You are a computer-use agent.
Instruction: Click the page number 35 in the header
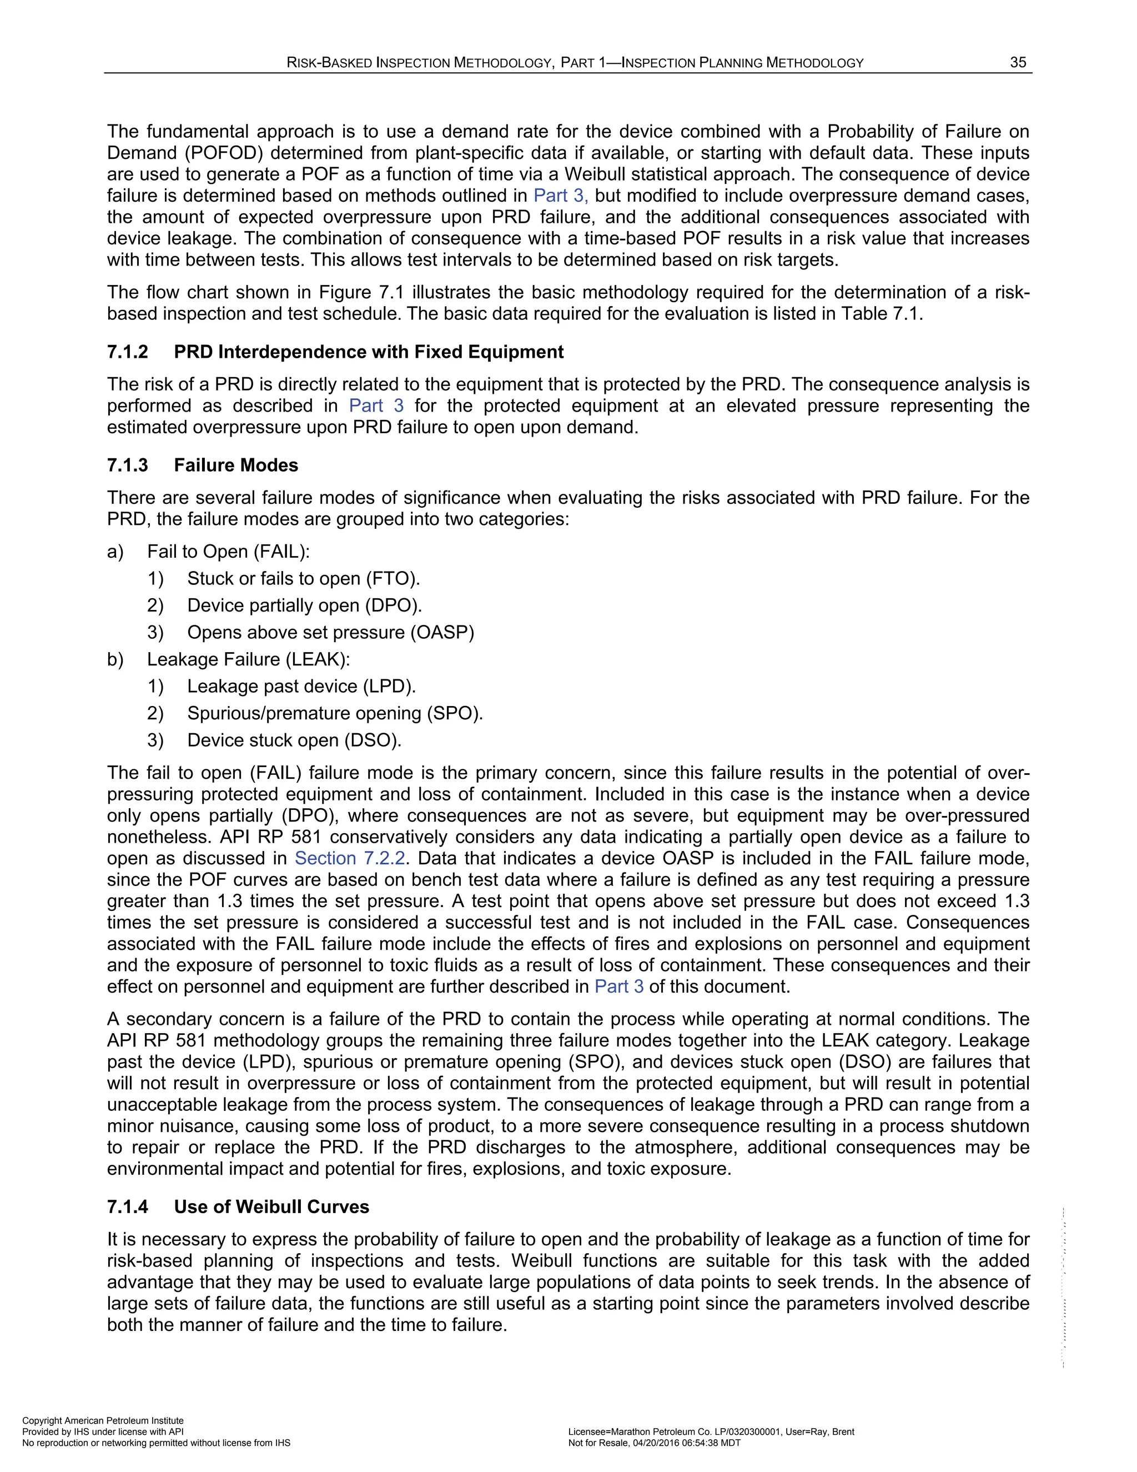(1018, 63)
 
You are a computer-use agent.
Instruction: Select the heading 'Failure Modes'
(236, 465)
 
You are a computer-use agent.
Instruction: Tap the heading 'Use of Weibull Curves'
(271, 1206)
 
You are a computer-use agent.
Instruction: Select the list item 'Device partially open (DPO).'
(304, 605)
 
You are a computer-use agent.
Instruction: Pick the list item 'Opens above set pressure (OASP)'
(331, 632)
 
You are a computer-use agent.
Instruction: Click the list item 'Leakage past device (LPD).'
(301, 686)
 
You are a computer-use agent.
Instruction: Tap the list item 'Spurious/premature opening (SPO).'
(335, 713)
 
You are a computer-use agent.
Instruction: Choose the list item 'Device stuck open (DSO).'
(294, 740)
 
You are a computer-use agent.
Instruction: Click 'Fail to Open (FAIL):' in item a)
(228, 552)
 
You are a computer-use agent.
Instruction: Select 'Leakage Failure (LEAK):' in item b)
(249, 659)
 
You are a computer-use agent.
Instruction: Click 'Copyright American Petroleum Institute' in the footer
(103, 1420)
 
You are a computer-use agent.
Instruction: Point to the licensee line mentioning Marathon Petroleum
(711, 1431)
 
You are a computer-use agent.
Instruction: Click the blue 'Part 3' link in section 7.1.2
(376, 405)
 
